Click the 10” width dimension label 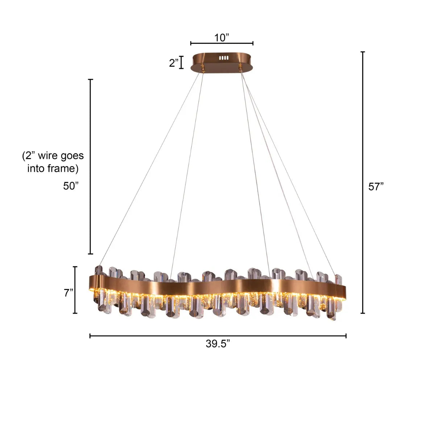[x=222, y=38]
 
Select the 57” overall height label [x=376, y=187]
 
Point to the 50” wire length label [x=71, y=186]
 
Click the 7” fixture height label [x=69, y=293]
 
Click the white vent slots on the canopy [x=224, y=58]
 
